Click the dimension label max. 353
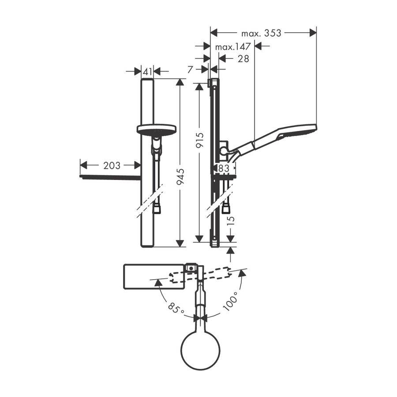coord(261,33)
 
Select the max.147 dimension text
coord(232,47)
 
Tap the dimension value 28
coord(243,59)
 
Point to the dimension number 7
coord(191,69)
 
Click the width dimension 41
coord(147,72)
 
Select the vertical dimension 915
coord(200,140)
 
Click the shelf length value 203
coord(112,165)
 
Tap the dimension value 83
coord(224,169)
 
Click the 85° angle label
coord(176,307)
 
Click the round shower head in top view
coord(201,351)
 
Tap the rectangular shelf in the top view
coord(154,277)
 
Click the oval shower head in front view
coord(157,130)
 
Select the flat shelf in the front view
coord(110,177)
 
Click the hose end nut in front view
coord(157,210)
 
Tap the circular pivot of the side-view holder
coord(224,152)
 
